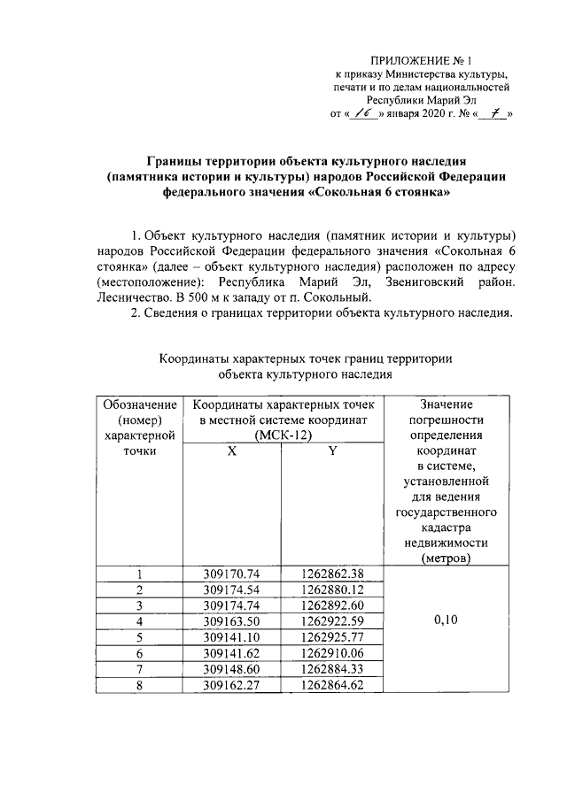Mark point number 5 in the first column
(139, 637)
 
